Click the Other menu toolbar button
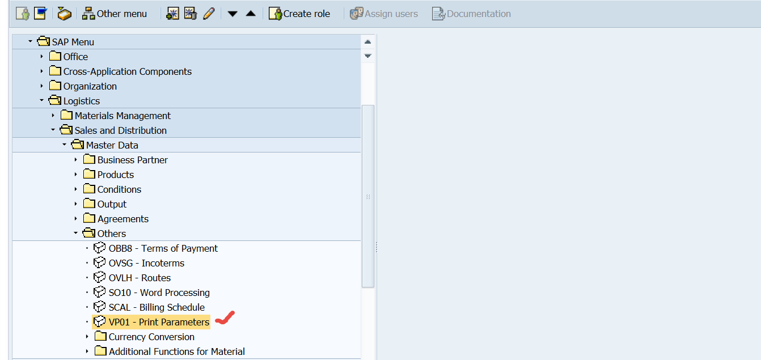(x=115, y=14)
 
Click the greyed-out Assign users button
(x=384, y=14)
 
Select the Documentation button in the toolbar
(x=471, y=14)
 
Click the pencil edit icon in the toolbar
(x=209, y=14)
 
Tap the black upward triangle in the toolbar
(x=251, y=14)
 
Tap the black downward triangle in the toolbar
(x=232, y=14)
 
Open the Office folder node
(x=75, y=57)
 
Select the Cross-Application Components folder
(x=127, y=71)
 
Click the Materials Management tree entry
(x=122, y=116)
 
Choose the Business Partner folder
(x=132, y=160)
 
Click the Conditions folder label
(x=119, y=189)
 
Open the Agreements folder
(x=122, y=219)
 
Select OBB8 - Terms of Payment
(x=163, y=248)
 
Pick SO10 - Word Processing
(x=159, y=293)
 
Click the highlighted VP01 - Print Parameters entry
(x=159, y=322)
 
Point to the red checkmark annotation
(x=225, y=319)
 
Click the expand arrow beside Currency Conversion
(x=87, y=337)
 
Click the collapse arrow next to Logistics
(x=41, y=101)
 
